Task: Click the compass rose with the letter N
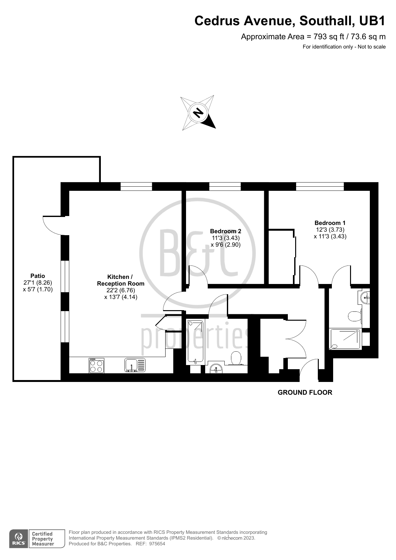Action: point(198,113)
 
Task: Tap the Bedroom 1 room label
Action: point(330,223)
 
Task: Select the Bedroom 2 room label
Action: point(226,231)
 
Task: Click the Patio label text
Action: point(38,276)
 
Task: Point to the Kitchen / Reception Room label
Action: point(121,280)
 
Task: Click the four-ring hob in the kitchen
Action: point(96,366)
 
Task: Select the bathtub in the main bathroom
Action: point(195,342)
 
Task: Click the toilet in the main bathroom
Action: point(236,358)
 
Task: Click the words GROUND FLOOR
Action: point(305,392)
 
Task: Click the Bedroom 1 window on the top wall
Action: point(320,187)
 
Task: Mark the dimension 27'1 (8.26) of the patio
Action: point(38,283)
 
